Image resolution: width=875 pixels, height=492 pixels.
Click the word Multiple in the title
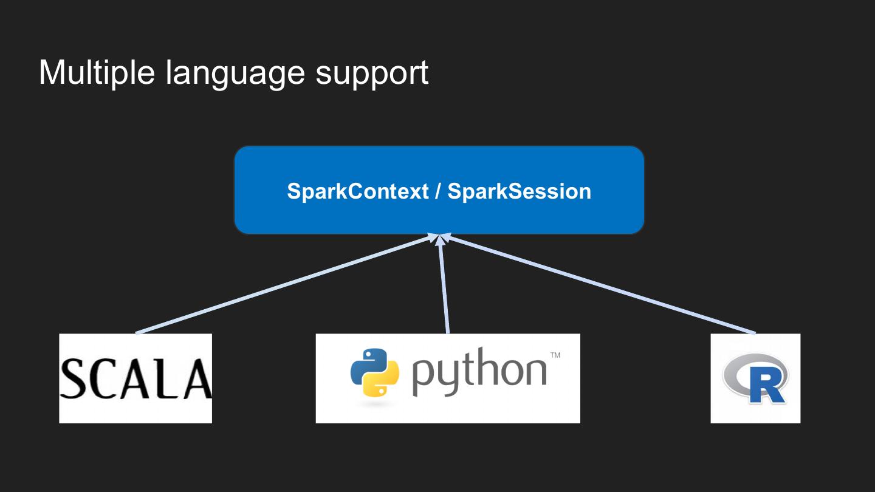[x=97, y=72]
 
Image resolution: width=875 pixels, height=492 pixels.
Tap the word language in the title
[x=235, y=74]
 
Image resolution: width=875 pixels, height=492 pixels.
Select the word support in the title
[x=372, y=74]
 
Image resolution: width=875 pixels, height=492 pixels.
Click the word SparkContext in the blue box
[x=358, y=191]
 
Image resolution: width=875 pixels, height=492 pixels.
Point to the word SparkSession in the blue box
[x=519, y=191]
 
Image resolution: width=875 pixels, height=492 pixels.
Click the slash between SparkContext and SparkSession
[x=438, y=191]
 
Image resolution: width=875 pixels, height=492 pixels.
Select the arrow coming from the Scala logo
[x=287, y=284]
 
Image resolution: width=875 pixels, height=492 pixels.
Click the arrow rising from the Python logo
[x=444, y=284]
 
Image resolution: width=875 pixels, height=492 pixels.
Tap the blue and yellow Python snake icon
[x=375, y=372]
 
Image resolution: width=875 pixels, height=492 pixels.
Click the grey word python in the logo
[x=479, y=372]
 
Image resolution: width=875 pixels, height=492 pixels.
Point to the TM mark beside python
[x=555, y=355]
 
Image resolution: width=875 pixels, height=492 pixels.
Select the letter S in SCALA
[x=73, y=379]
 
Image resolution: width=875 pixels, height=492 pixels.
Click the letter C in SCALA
[x=102, y=379]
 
